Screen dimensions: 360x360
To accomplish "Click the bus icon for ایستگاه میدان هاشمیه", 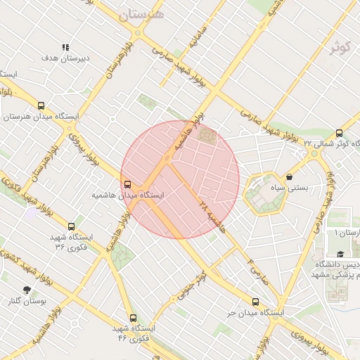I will click(127, 184).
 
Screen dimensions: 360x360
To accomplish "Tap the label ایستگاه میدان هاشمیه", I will click(128, 194).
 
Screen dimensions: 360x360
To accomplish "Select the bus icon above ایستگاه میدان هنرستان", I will click(41, 105).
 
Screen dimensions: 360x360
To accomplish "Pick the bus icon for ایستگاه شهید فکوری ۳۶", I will click(71, 227).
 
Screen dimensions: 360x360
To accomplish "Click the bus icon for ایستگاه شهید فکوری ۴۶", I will click(134, 318).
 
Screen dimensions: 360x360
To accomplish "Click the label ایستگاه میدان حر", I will click(255, 311).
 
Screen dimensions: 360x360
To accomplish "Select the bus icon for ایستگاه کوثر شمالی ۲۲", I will click(340, 133).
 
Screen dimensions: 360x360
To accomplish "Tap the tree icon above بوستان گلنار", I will click(27, 290).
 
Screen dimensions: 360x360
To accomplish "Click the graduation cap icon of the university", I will click(340, 254).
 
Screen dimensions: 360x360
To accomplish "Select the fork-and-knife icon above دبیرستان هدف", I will click(65, 48).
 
